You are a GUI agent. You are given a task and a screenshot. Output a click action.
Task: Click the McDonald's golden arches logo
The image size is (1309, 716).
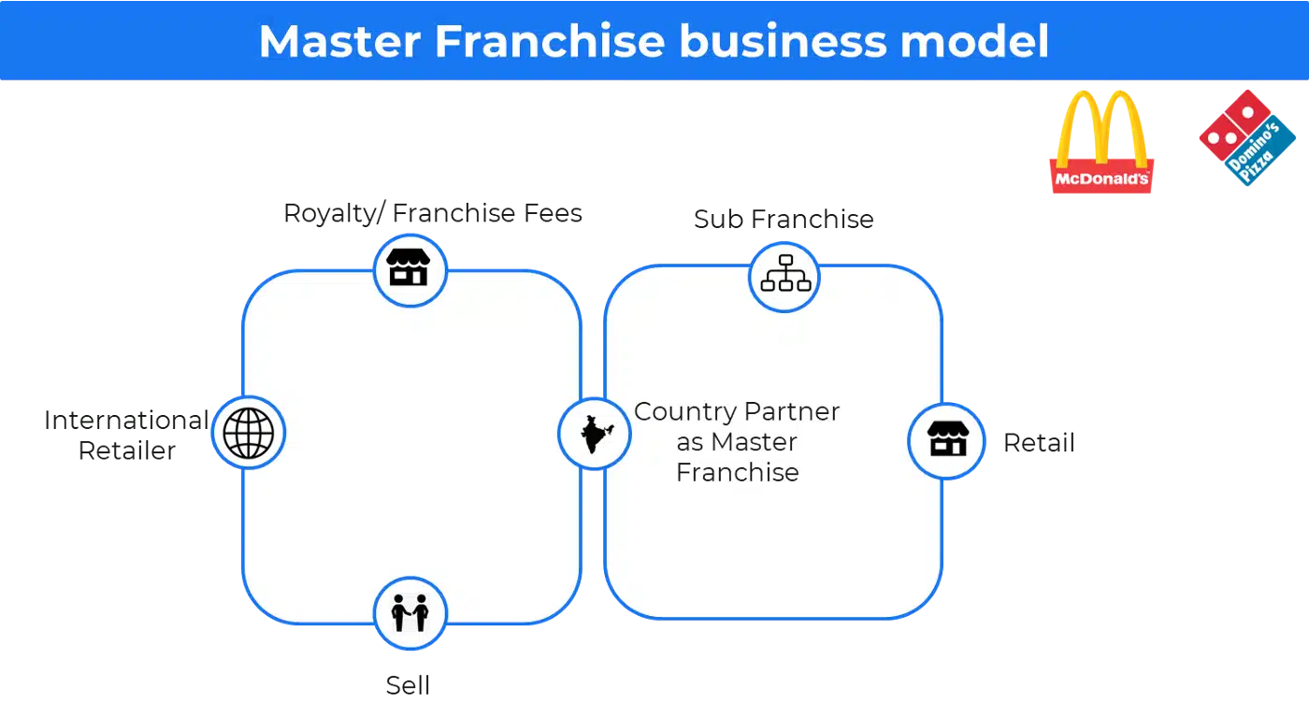[x=1101, y=142]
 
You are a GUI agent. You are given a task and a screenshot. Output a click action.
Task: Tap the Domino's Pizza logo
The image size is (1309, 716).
[x=1247, y=137]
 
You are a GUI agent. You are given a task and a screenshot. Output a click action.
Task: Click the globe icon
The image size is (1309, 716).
[x=249, y=433]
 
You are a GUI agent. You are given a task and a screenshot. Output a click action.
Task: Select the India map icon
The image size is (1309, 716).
[x=596, y=435]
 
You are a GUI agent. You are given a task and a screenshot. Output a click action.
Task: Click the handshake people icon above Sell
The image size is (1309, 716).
[x=410, y=612]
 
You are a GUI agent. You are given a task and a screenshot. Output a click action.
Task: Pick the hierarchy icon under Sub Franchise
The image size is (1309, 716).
[x=785, y=273]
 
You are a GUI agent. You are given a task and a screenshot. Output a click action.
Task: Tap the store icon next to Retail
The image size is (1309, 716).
[x=948, y=438]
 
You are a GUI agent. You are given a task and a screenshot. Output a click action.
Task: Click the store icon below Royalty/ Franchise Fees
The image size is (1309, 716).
[x=409, y=267]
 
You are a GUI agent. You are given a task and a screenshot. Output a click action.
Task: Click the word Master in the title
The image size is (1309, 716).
[x=339, y=41]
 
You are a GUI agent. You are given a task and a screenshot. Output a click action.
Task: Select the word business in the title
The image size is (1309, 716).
[x=784, y=41]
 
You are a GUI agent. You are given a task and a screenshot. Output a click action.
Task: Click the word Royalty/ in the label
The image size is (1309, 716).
[x=335, y=214]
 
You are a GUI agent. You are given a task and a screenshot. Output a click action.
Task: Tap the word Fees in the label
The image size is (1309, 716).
[x=553, y=213]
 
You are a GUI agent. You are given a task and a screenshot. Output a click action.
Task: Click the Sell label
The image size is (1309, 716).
[x=408, y=685]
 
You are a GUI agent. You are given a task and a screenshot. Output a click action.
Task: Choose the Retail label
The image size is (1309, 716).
[x=1039, y=443]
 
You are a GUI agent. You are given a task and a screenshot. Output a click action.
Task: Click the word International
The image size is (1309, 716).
[x=127, y=421]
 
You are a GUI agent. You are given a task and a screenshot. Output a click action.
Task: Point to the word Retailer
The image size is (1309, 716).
[x=127, y=451]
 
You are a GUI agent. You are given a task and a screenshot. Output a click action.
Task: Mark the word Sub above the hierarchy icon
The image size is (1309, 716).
[x=719, y=220]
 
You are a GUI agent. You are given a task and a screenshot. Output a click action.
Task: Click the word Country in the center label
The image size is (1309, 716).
[x=684, y=412]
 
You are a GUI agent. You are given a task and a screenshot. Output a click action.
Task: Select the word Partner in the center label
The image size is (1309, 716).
[x=792, y=411]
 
